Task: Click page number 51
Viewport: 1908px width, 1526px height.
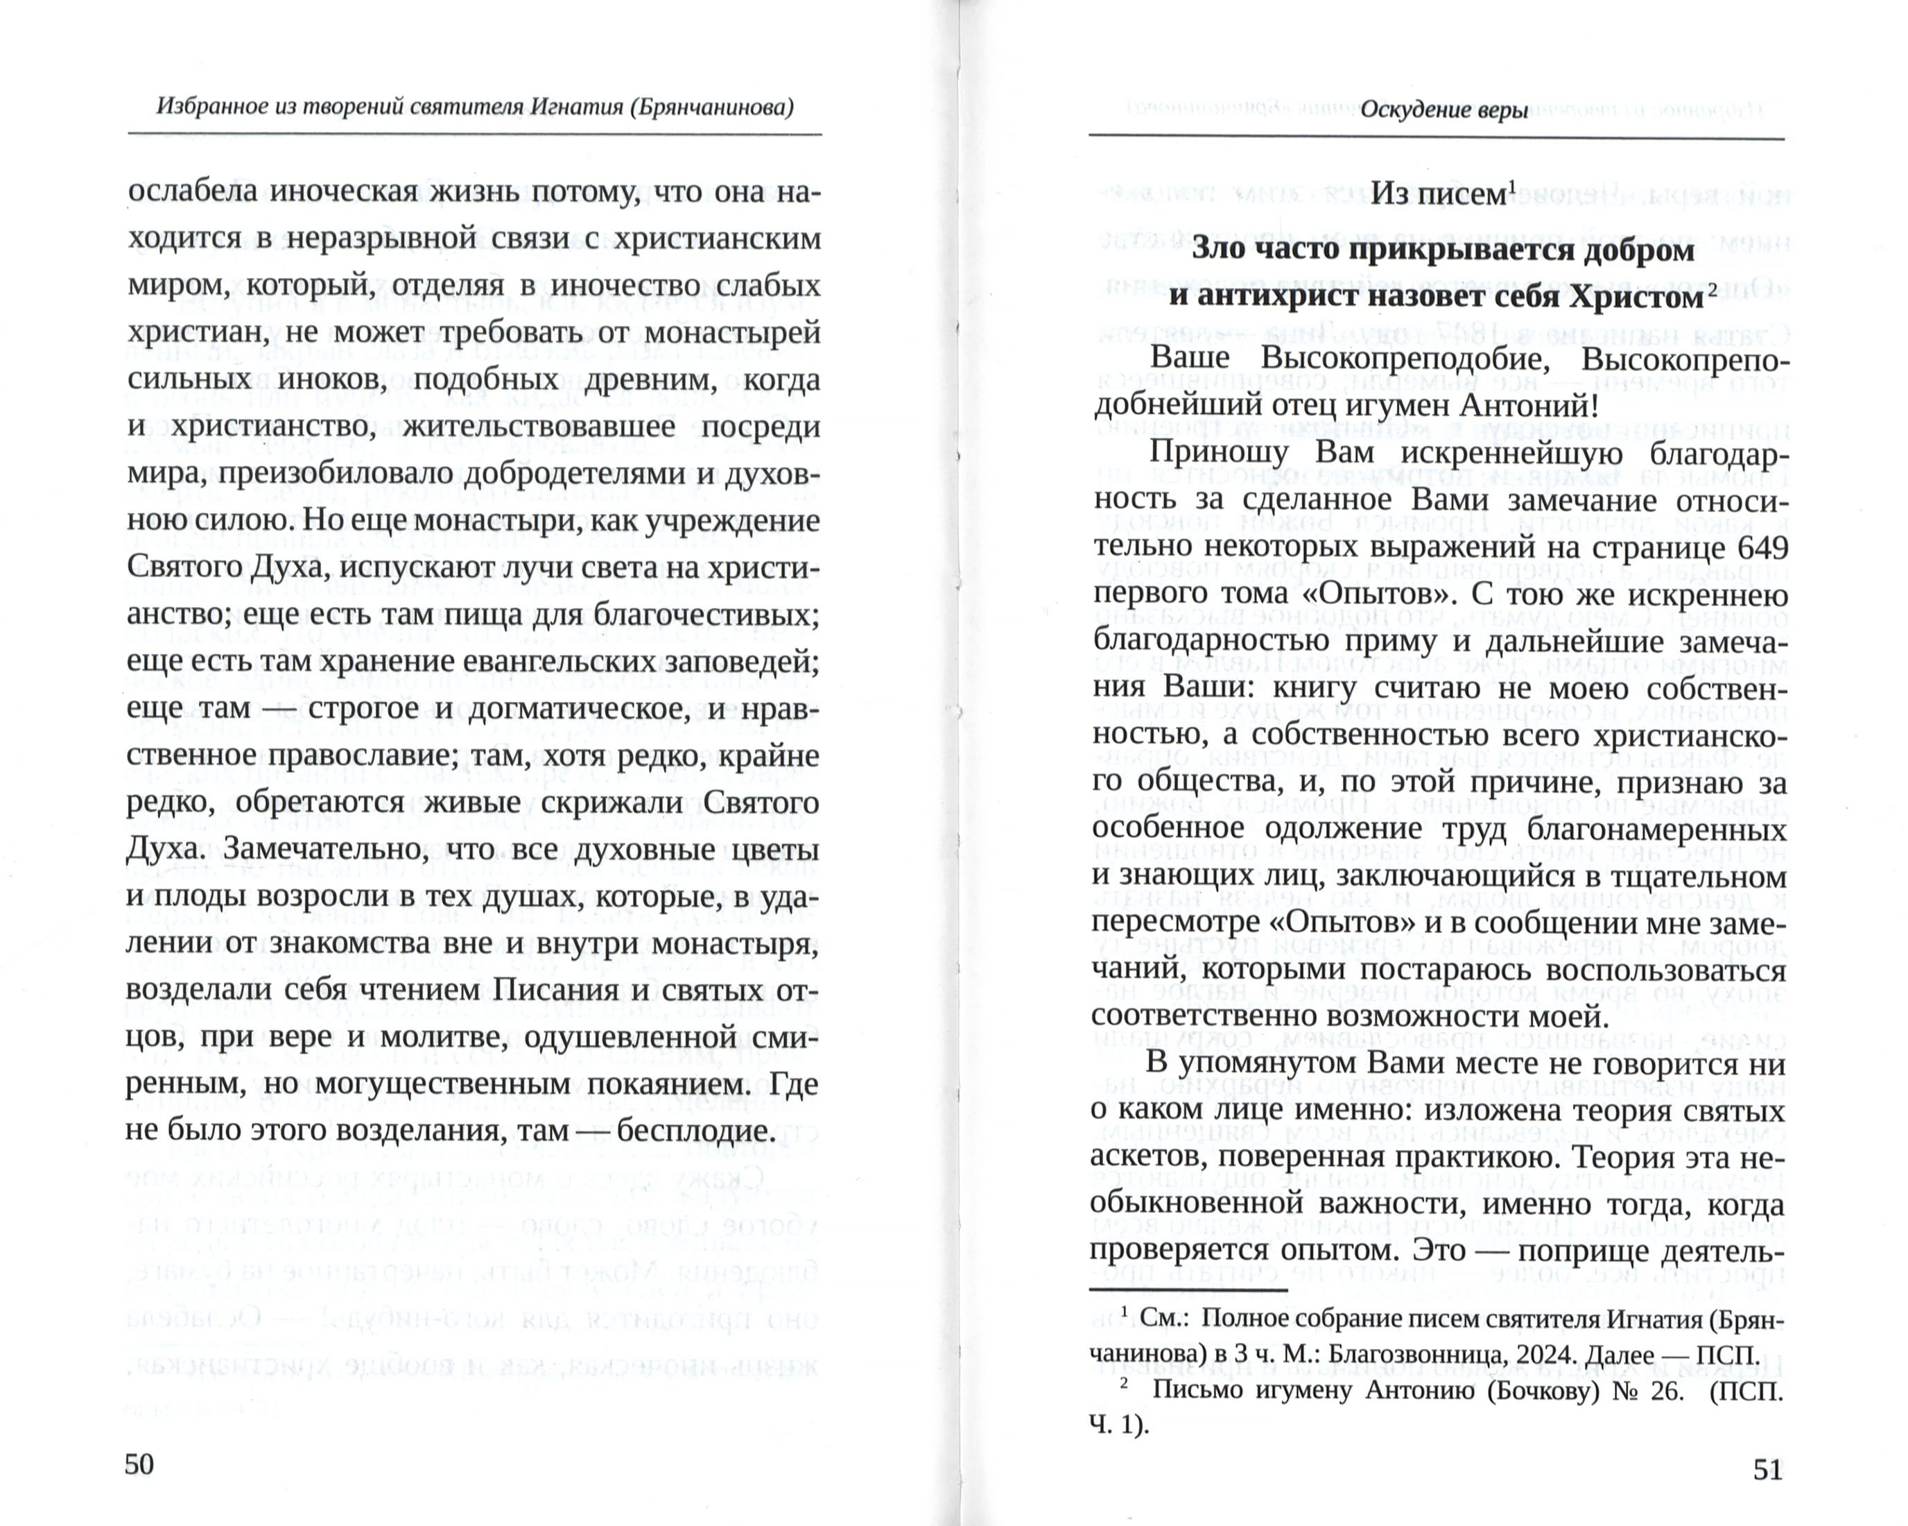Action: pos(1767,1468)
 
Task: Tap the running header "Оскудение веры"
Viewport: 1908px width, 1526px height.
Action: pos(1443,111)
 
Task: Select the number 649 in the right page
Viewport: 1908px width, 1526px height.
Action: pos(1758,547)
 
